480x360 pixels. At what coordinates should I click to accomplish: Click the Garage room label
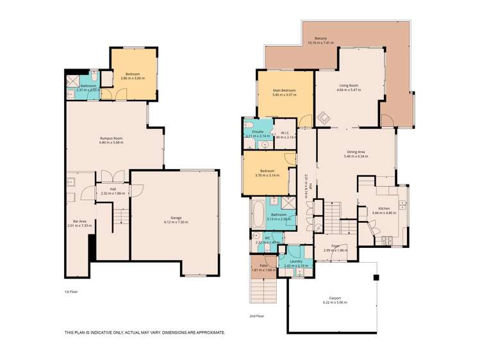(x=176, y=218)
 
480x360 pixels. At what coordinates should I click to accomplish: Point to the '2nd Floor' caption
(x=256, y=316)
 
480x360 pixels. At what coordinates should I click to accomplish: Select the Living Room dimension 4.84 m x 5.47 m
(x=349, y=90)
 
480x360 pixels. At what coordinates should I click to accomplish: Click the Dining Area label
(x=356, y=152)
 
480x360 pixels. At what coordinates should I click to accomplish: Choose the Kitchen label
(x=384, y=208)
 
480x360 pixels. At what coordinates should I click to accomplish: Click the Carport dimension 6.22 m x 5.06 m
(x=336, y=302)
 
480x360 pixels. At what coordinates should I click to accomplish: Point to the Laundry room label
(x=295, y=261)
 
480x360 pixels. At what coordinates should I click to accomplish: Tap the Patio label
(x=263, y=265)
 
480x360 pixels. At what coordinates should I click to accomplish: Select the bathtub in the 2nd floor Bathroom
(x=257, y=215)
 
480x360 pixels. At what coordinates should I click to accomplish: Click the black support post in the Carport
(x=377, y=277)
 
